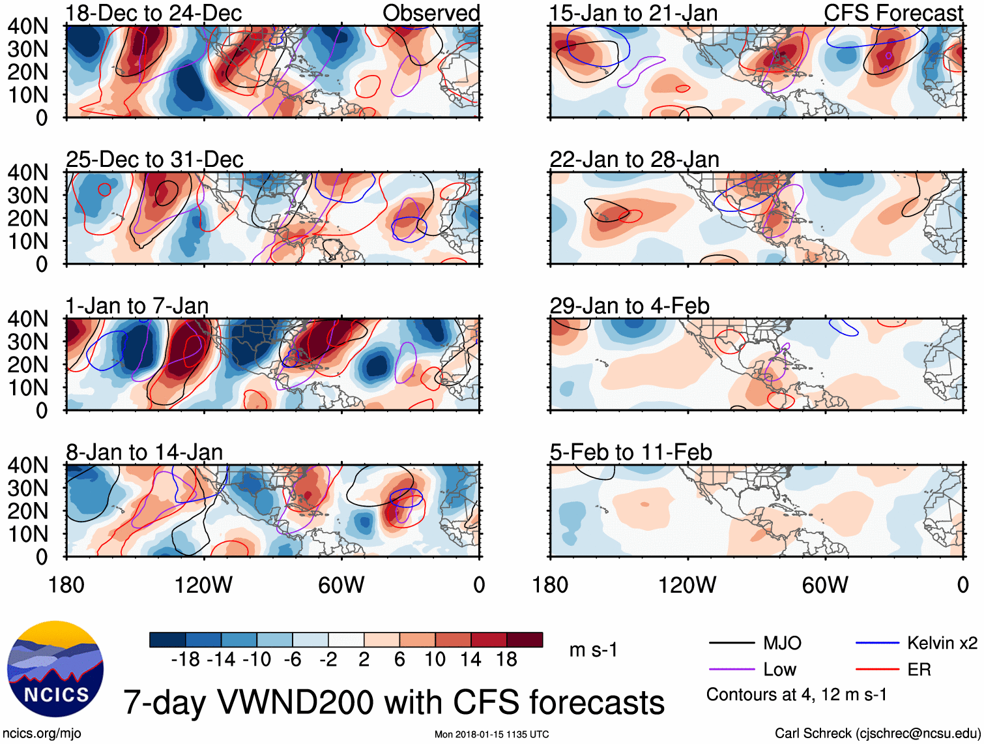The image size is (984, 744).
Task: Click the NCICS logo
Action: pos(55,669)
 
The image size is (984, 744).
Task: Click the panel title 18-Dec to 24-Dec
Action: pos(154,13)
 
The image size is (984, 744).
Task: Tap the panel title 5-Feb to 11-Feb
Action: pos(630,452)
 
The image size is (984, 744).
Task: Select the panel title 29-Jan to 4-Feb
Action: pos(629,306)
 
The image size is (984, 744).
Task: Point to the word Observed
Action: pos(431,13)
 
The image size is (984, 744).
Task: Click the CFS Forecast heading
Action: pos(893,13)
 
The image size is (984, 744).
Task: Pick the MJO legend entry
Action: pos(782,644)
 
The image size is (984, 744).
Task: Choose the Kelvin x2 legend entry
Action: pos(942,644)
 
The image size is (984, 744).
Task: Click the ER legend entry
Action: pos(919,670)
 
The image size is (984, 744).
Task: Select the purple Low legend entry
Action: pos(779,670)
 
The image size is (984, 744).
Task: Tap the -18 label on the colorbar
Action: pos(185,660)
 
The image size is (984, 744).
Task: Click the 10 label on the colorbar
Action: pos(435,660)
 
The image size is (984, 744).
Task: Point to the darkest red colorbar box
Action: pos(525,640)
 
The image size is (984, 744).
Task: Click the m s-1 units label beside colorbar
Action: pos(593,650)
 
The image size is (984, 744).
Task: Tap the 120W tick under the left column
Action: pos(203,585)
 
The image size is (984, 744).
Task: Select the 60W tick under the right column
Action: pos(825,585)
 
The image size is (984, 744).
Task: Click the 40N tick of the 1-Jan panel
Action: pos(27,319)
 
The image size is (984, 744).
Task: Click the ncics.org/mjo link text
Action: pos(42,733)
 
